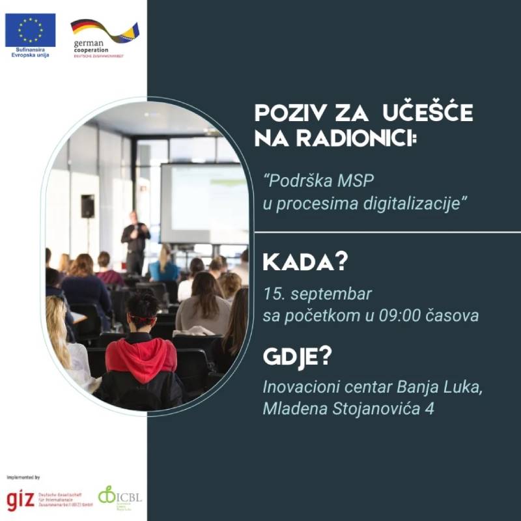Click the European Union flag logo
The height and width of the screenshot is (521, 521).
[30, 30]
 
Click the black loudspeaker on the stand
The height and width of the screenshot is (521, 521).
[87, 206]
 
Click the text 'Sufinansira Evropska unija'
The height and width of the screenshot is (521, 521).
[30, 54]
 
